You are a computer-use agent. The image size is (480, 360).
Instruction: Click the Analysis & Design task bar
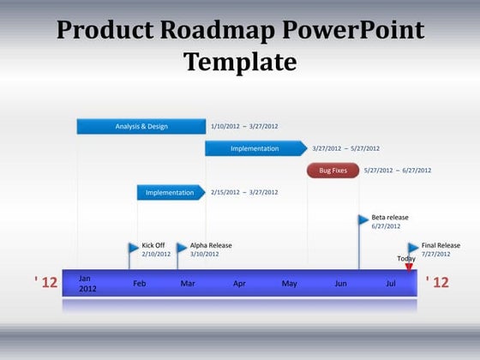(x=141, y=126)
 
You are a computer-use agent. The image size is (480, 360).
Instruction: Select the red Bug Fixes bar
(x=333, y=171)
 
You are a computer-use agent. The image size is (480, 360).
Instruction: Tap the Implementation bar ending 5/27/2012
(x=255, y=148)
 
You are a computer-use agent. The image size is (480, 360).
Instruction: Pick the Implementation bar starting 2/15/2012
(x=170, y=193)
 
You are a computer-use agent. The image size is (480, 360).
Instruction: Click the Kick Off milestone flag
(x=134, y=249)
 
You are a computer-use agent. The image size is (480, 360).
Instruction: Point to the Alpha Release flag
(x=182, y=249)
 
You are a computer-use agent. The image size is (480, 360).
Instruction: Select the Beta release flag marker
(x=363, y=219)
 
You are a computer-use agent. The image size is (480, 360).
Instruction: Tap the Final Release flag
(x=414, y=248)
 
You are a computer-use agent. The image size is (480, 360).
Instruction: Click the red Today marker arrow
(x=409, y=267)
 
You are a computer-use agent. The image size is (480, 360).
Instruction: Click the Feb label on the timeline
(x=140, y=283)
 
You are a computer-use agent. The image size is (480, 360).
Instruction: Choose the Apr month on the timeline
(x=239, y=283)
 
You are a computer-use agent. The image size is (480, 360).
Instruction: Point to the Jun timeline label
(x=340, y=283)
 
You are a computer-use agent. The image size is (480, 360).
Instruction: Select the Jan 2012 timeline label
(x=87, y=284)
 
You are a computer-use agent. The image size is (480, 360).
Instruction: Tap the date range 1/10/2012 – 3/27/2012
(x=244, y=126)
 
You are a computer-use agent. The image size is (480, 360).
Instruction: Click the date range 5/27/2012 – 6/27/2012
(x=398, y=171)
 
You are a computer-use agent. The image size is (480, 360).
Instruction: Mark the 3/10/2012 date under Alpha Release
(x=204, y=254)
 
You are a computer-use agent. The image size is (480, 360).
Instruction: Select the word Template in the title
(x=240, y=62)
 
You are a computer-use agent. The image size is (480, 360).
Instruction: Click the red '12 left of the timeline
(x=45, y=282)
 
